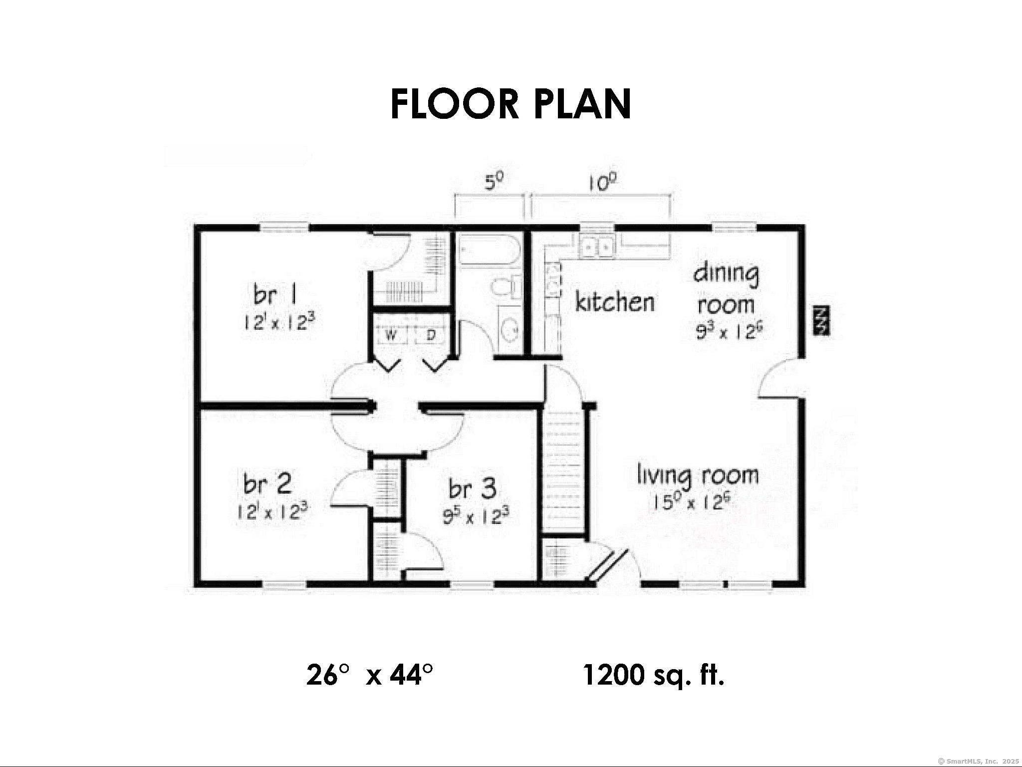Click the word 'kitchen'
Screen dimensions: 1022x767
[615, 302]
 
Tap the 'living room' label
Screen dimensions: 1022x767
[698, 476]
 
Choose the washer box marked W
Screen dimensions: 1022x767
[392, 335]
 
